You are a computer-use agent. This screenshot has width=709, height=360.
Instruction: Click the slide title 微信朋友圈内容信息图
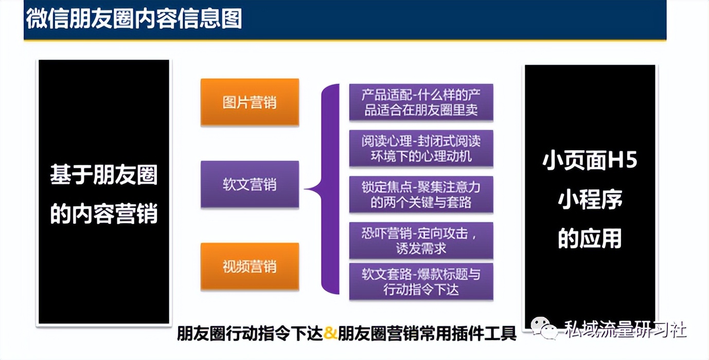(134, 20)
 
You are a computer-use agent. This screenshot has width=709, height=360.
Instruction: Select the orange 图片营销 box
(250, 102)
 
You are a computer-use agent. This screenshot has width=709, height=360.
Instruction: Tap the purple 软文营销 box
(250, 185)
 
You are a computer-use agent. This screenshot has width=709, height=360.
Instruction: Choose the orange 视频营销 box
(250, 266)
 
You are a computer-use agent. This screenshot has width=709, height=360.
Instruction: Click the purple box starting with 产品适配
(421, 103)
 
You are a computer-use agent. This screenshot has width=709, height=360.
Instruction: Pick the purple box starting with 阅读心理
(421, 149)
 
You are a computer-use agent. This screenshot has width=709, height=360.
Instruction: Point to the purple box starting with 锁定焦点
(421, 194)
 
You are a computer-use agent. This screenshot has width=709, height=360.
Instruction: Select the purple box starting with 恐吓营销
(421, 241)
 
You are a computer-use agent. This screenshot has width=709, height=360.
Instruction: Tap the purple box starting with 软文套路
(421, 281)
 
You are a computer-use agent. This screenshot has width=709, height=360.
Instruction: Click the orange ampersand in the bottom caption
(331, 334)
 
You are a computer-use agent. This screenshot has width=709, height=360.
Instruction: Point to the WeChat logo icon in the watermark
(544, 328)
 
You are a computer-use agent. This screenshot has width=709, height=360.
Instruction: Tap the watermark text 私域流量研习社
(625, 329)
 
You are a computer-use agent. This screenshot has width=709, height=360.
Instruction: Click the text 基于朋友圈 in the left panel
(103, 176)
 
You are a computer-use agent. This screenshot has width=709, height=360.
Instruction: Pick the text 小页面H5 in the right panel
(590, 161)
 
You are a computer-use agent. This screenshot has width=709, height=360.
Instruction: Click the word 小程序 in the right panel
(590, 200)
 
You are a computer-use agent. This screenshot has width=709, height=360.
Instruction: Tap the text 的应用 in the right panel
(590, 239)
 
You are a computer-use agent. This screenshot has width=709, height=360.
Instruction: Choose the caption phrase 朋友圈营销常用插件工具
(427, 334)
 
